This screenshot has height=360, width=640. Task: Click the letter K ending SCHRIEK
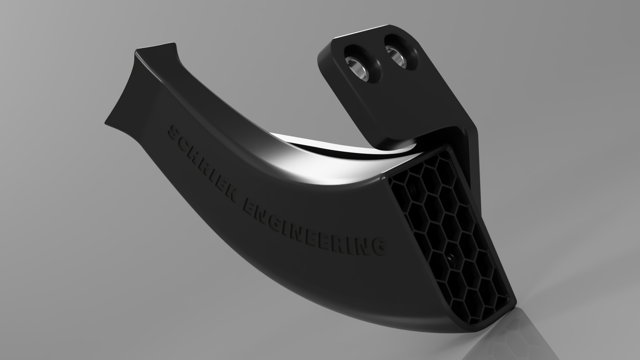click(x=230, y=194)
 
